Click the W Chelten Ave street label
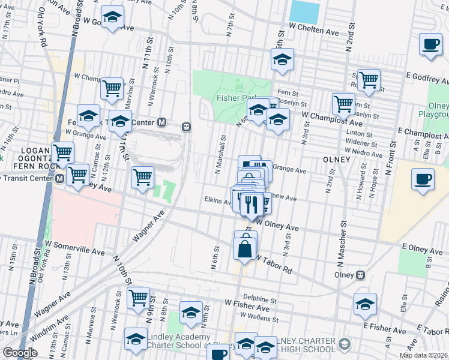click(x=314, y=28)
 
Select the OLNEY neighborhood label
click(x=336, y=160)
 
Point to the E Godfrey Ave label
click(x=427, y=76)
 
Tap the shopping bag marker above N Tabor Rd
click(x=245, y=248)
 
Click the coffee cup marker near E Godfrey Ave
click(x=430, y=45)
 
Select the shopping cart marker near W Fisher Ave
click(x=139, y=296)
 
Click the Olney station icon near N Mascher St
click(x=361, y=275)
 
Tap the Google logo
click(x=20, y=353)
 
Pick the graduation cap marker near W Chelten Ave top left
click(x=112, y=19)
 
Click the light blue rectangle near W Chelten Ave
click(x=305, y=11)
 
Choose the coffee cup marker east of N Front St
click(x=423, y=179)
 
